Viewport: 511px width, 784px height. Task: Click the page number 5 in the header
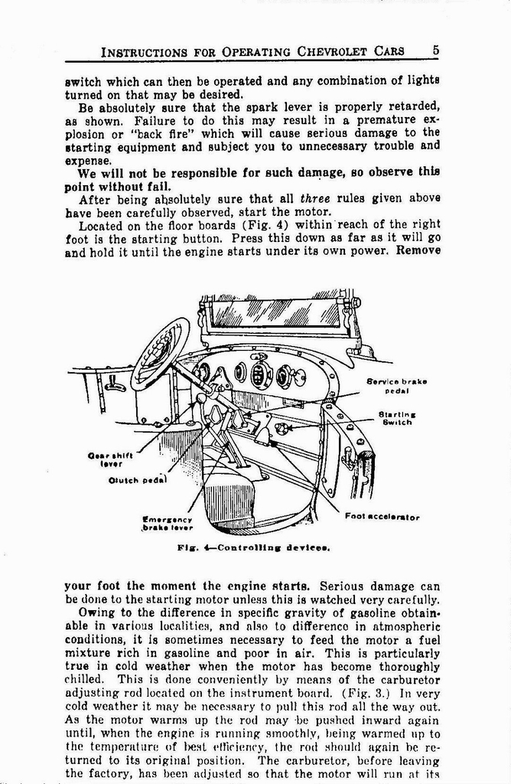(x=435, y=50)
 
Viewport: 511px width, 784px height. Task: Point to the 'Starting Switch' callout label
(x=396, y=417)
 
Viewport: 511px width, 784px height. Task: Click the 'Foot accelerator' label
(x=382, y=517)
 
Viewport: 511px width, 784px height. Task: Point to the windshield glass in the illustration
(x=275, y=312)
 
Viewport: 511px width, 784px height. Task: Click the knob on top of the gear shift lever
(x=201, y=398)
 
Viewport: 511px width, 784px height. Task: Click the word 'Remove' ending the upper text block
(x=418, y=250)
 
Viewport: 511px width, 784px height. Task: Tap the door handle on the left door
(x=116, y=386)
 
